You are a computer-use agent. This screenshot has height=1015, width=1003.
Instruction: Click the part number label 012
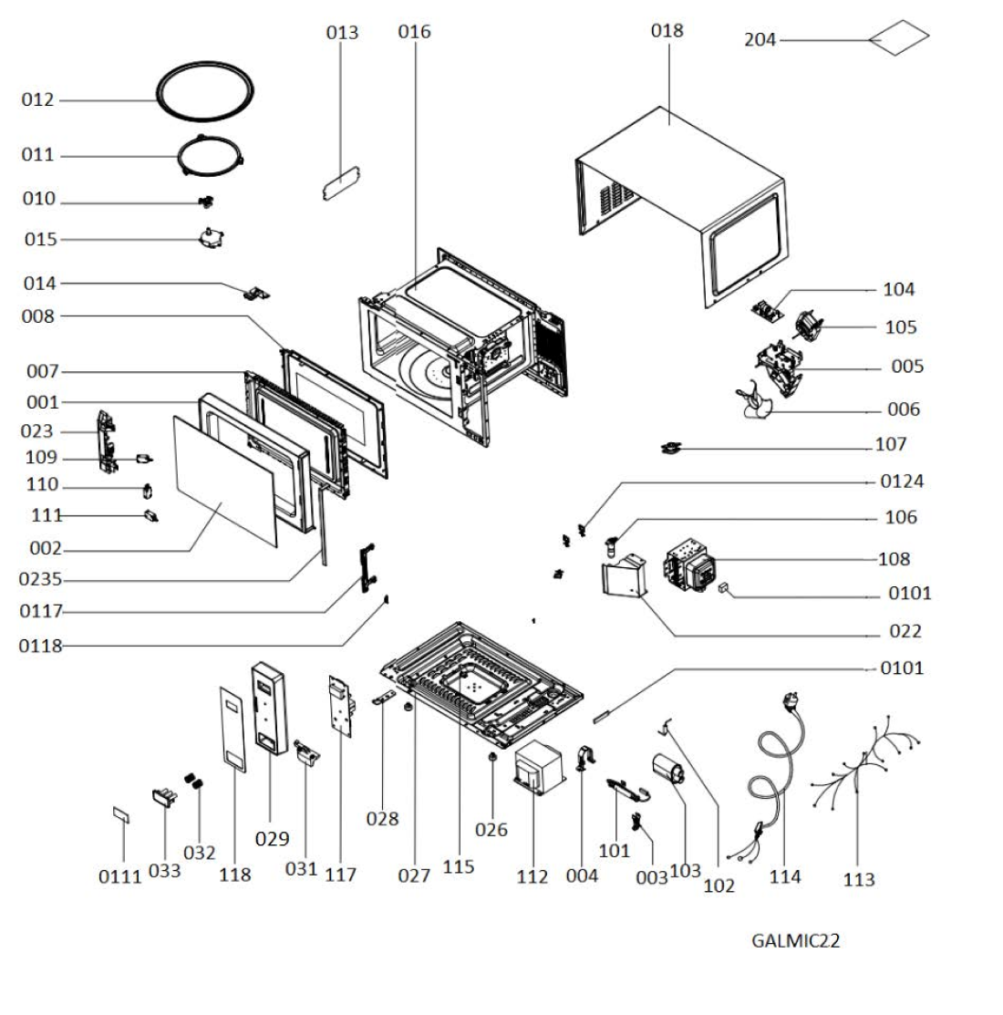[x=37, y=99]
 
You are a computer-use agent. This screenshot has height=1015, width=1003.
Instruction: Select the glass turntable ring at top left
[x=204, y=91]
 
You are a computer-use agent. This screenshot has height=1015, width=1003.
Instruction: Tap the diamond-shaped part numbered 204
[x=899, y=37]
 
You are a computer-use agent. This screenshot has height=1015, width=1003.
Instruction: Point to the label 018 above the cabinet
[x=667, y=30]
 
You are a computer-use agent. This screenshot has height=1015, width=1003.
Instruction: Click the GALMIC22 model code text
[x=795, y=940]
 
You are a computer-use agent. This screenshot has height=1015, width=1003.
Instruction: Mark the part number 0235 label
[x=40, y=579]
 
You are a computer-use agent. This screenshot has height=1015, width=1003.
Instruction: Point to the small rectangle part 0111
[x=121, y=815]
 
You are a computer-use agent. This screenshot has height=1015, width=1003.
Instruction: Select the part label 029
[x=272, y=839]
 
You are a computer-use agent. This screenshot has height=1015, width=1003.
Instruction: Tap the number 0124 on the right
[x=902, y=482]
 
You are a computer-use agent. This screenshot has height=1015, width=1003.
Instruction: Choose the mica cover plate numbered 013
[x=342, y=183]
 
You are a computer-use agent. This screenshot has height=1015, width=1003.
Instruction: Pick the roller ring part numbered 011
[x=211, y=155]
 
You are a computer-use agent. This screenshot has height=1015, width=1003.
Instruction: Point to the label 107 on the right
[x=891, y=444]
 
